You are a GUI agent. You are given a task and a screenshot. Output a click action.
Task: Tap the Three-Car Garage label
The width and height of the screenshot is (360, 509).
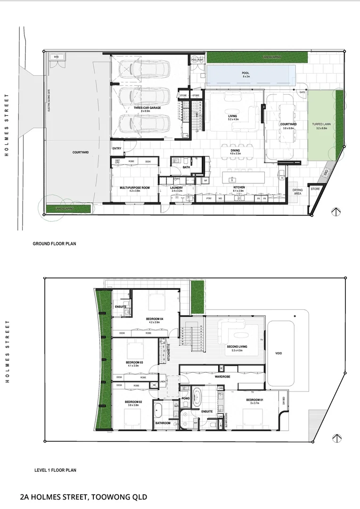147,108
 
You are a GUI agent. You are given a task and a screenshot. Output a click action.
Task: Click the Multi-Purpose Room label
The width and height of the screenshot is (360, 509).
134,188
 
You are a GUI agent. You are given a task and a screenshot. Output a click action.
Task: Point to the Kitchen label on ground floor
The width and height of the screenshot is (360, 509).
239,188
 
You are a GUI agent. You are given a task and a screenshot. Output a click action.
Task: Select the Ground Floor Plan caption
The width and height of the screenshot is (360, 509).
54,244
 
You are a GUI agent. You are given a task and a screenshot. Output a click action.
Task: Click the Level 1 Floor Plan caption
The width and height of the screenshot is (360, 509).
55,470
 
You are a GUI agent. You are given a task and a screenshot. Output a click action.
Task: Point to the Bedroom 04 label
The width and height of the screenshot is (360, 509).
155,319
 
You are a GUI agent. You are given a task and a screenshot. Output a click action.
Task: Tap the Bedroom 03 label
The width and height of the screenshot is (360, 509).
134,362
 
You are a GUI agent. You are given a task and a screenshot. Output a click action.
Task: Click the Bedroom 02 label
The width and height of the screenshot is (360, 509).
133,402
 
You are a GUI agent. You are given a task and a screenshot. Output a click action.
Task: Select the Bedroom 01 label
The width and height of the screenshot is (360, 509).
254,400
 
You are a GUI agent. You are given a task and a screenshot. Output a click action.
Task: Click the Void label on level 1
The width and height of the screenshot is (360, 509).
278,353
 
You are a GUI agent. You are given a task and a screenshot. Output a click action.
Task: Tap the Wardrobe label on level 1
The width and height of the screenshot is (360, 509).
222,377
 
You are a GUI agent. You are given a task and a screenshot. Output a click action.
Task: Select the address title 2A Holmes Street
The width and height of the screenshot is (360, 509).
84,497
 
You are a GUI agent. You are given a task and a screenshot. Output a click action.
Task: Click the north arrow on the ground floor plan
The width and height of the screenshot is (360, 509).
336,212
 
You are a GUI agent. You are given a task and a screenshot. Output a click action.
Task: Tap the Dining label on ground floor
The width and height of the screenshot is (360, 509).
235,150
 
